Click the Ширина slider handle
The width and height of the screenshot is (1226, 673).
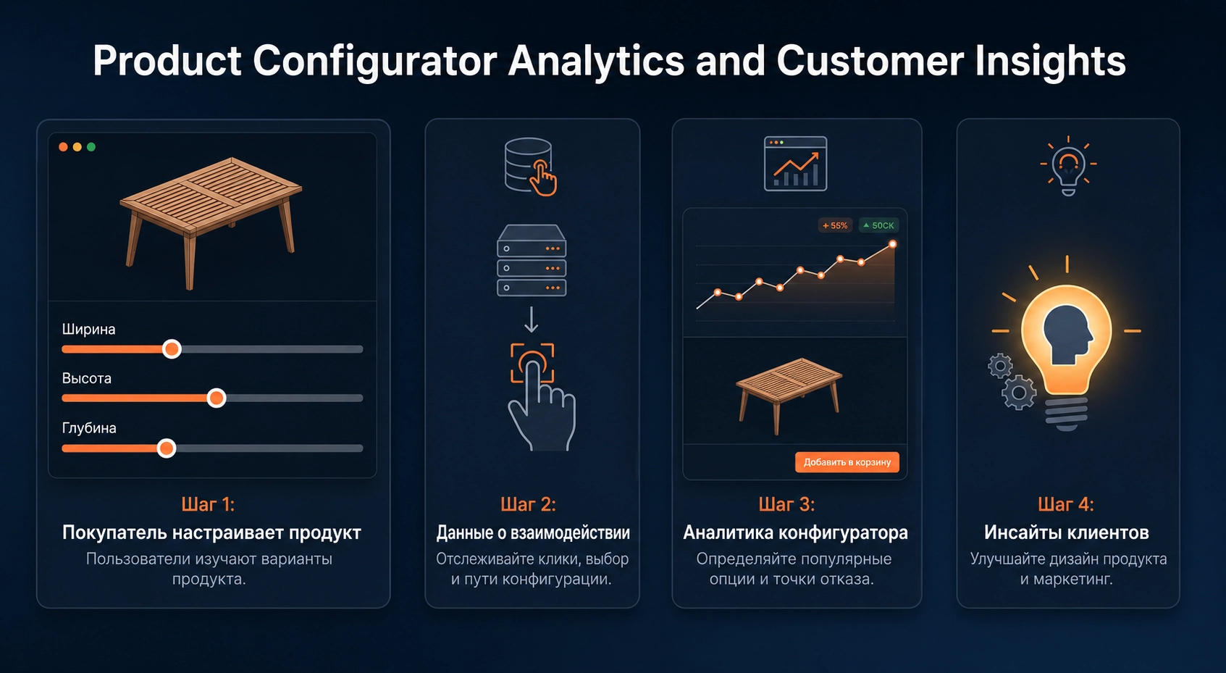pyautogui.click(x=172, y=349)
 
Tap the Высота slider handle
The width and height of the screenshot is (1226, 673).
pyautogui.click(x=217, y=398)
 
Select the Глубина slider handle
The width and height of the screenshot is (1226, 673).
pyautogui.click(x=167, y=448)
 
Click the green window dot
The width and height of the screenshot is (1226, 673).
pyautogui.click(x=91, y=147)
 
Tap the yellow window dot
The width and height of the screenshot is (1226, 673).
pyautogui.click(x=77, y=147)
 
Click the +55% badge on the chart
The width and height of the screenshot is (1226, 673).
pyautogui.click(x=835, y=225)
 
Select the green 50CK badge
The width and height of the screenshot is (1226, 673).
pyautogui.click(x=878, y=225)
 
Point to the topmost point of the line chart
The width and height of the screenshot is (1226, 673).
pyautogui.click(x=893, y=244)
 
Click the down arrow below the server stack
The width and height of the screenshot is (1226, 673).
pyautogui.click(x=531, y=319)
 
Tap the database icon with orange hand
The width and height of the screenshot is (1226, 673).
pyautogui.click(x=530, y=167)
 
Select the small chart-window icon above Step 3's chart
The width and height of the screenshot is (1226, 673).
pyautogui.click(x=795, y=164)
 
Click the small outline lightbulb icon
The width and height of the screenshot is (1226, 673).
pyautogui.click(x=1068, y=166)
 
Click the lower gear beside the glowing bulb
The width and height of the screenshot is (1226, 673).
pyautogui.click(x=1019, y=393)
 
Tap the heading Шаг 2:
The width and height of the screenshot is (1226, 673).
pyautogui.click(x=528, y=504)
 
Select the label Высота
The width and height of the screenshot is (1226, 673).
pyautogui.click(x=86, y=378)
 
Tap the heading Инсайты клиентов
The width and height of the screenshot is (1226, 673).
pyautogui.click(x=1067, y=532)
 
